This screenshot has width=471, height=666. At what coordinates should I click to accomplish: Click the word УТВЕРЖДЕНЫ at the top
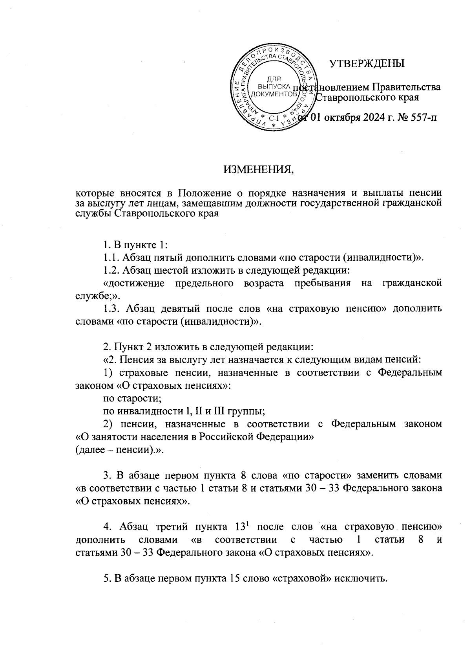pyautogui.click(x=367, y=64)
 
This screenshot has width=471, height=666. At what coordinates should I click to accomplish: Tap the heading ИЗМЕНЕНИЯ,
pyautogui.click(x=259, y=170)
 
